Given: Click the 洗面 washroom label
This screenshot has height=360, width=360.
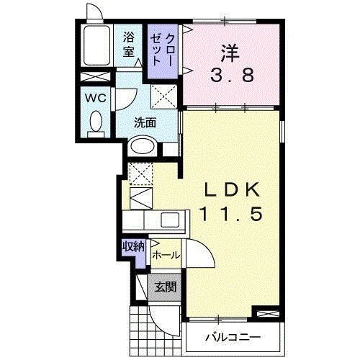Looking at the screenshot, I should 145,122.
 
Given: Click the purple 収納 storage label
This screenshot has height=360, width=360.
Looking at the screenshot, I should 132,247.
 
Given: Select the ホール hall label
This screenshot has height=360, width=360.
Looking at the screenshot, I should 166,254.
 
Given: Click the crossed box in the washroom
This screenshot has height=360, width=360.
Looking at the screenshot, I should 163,95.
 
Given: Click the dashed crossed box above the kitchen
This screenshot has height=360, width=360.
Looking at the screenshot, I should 140,173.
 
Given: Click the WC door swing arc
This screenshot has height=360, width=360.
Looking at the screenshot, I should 127,99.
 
